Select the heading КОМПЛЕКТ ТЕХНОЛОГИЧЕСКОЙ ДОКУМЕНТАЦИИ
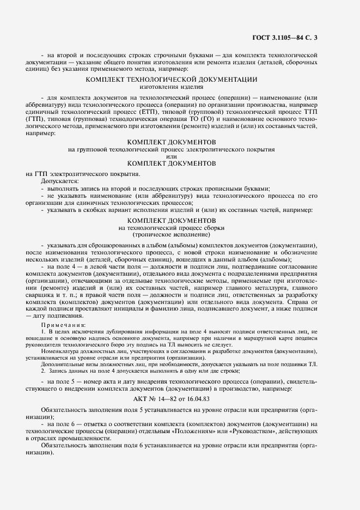(172, 79)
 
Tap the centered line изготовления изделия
(172, 86)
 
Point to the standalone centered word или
(172, 156)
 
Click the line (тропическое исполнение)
(172, 234)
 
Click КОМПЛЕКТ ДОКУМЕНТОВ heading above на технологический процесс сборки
(172, 220)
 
